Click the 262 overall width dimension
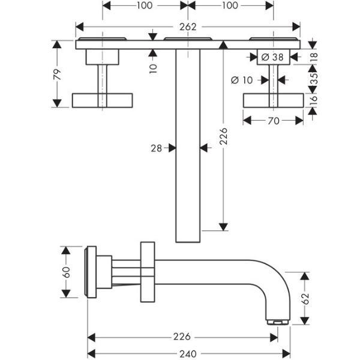(x=188, y=27)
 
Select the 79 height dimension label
(x=58, y=74)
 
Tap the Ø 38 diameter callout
(x=272, y=57)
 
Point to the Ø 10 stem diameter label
(x=242, y=80)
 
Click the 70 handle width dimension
(x=274, y=121)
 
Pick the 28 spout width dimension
(x=157, y=148)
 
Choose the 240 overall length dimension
(x=188, y=354)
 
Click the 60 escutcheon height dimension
(x=67, y=272)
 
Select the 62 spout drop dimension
(x=305, y=299)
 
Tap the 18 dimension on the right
(x=314, y=56)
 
